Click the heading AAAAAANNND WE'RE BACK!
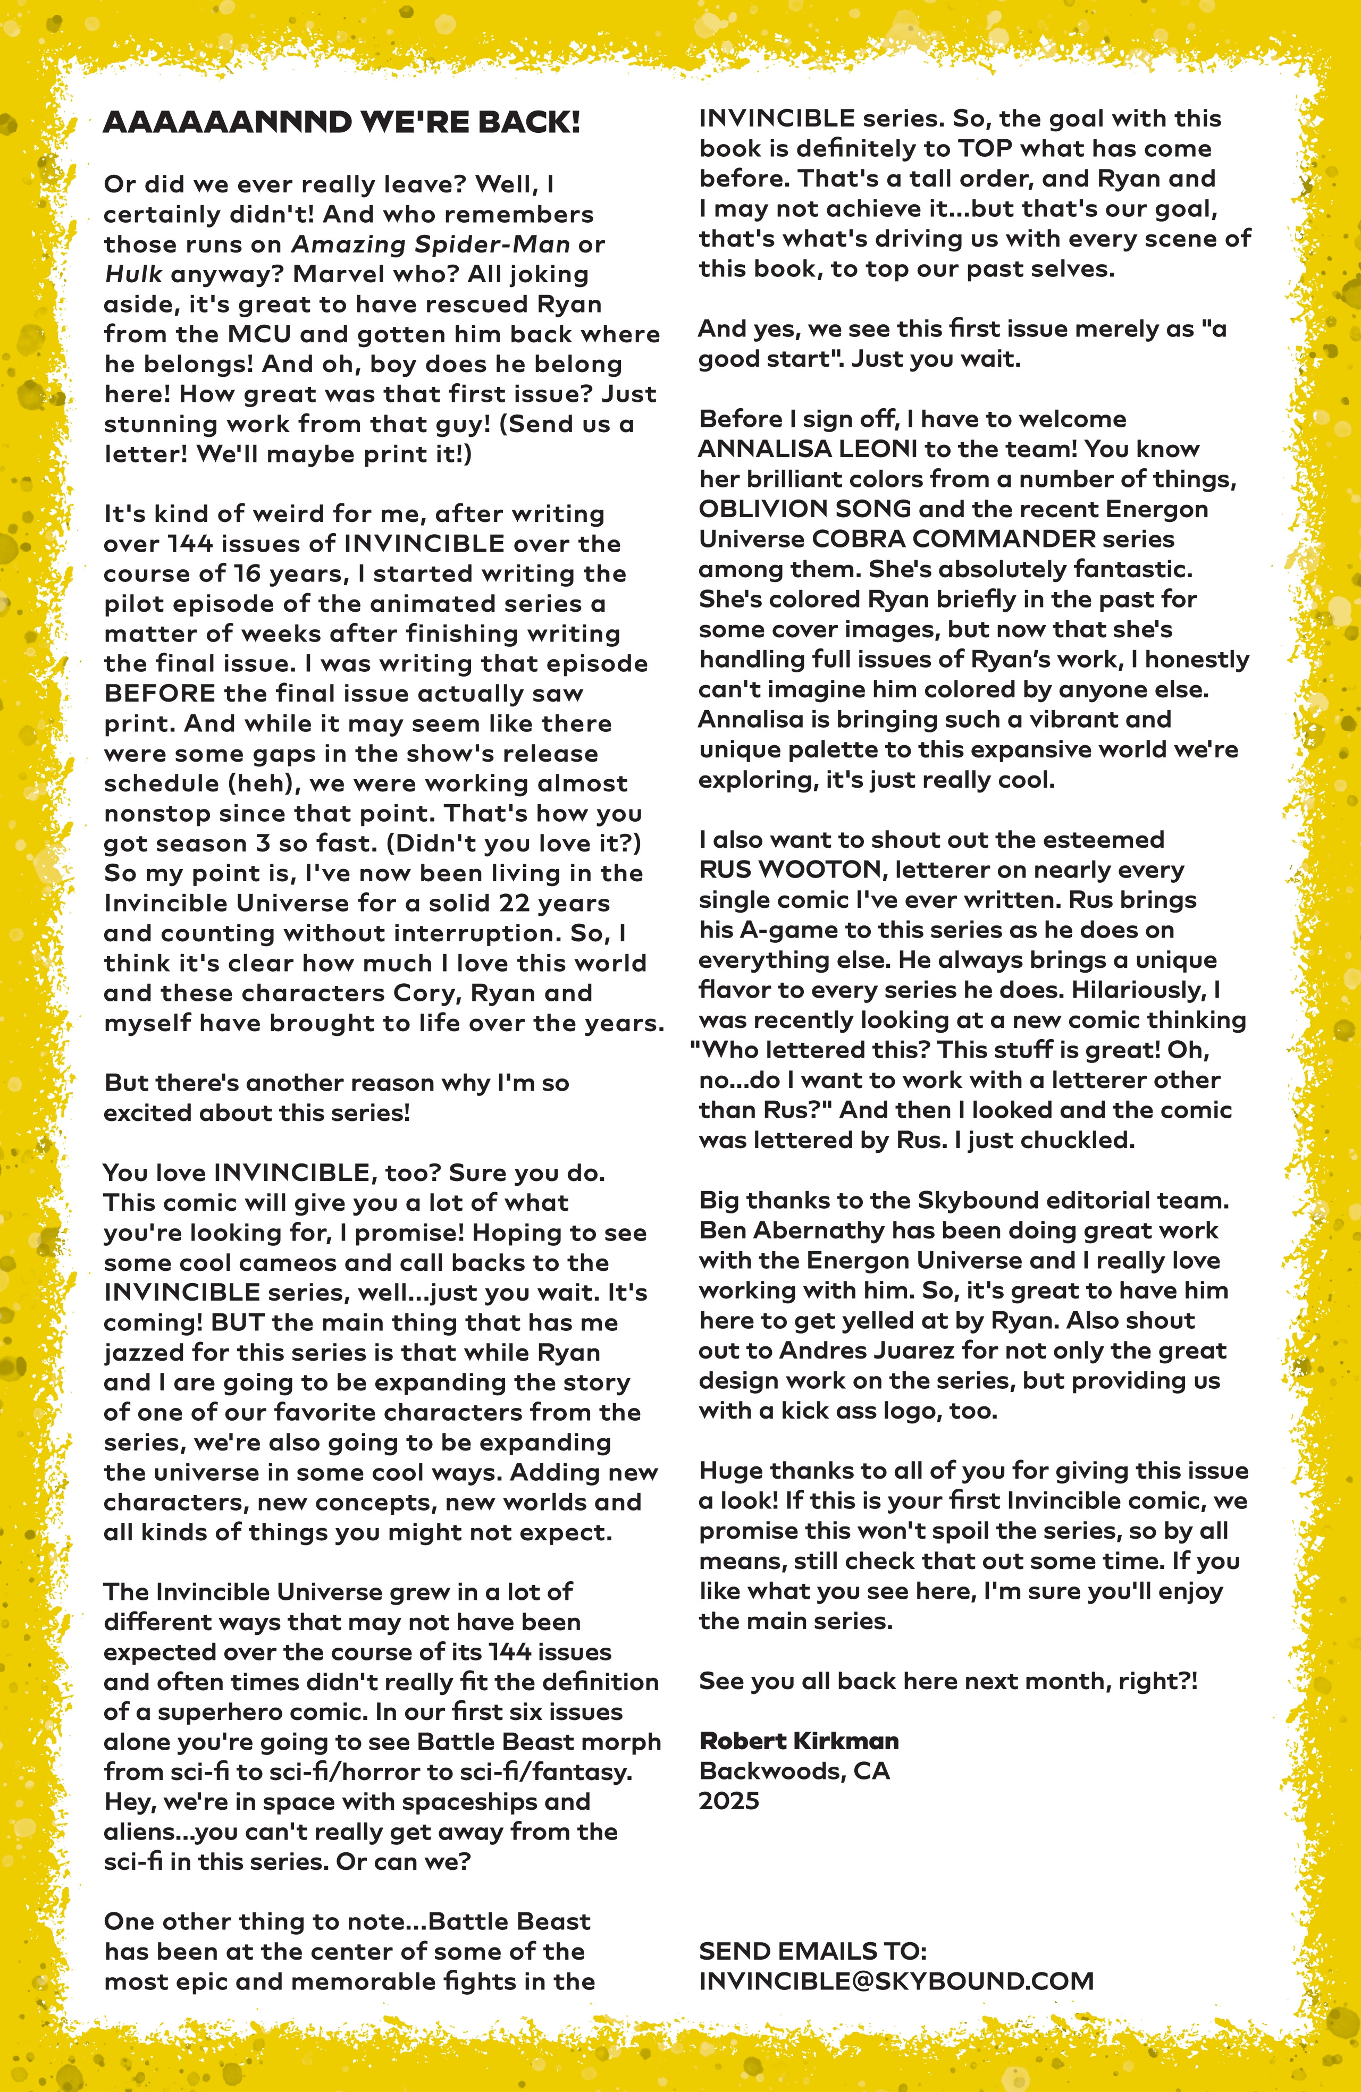341,122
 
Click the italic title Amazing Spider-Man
430,244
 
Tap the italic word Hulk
133,274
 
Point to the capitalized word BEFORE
159,694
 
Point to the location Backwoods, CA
794,1770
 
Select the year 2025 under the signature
729,1801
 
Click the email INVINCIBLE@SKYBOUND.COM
896,1981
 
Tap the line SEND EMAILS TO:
812,1951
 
